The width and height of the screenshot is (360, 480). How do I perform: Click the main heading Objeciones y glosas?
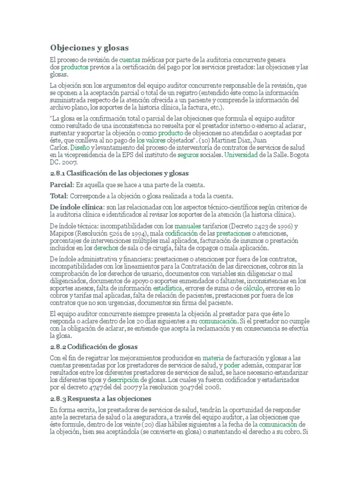[89, 48]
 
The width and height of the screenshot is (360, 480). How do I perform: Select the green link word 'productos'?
[75, 67]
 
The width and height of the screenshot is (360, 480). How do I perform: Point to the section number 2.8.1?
[59, 173]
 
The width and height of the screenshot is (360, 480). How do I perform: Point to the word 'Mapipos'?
[63, 233]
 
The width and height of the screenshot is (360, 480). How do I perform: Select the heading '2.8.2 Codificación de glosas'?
[94, 346]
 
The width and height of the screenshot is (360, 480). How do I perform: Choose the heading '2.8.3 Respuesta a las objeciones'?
[100, 398]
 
